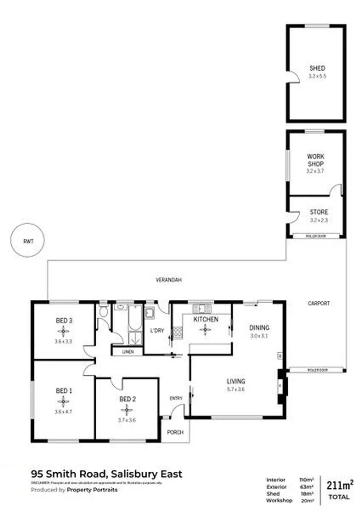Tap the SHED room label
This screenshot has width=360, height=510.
click(x=317, y=68)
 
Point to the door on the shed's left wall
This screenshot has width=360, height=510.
click(x=292, y=77)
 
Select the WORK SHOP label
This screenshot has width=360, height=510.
click(x=316, y=160)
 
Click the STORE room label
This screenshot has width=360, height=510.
click(x=319, y=212)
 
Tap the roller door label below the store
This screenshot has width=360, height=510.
click(x=316, y=235)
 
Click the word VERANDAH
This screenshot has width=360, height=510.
click(x=169, y=280)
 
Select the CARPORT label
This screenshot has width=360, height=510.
click(x=319, y=303)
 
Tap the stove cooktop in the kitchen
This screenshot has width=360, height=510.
click(x=178, y=331)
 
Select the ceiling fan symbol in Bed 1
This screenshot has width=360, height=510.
click(x=63, y=401)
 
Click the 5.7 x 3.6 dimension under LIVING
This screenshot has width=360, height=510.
click(x=235, y=390)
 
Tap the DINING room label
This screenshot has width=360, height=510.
click(x=259, y=327)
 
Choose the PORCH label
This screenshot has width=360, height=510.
click(x=176, y=432)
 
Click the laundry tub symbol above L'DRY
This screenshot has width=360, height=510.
click(x=151, y=312)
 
